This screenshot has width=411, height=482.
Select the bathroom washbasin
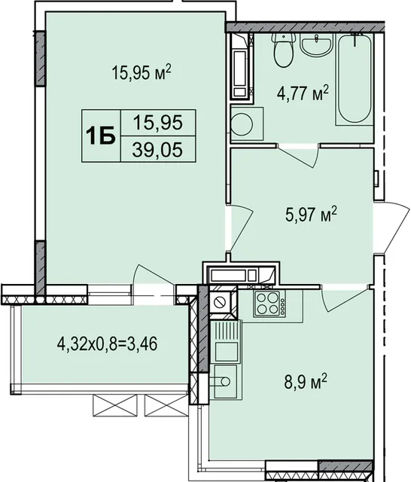316,45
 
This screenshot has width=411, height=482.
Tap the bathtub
355,79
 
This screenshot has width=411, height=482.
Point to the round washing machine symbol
242,124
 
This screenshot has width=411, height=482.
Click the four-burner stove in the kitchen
269,303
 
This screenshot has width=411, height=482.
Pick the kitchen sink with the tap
226,381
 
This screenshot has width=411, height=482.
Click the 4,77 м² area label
303,93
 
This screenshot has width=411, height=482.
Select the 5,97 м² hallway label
311,214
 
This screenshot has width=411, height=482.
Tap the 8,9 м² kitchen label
306,382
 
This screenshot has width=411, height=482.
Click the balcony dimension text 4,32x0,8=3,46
107,343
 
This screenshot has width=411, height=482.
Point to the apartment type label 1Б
101,136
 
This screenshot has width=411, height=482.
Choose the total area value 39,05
158,151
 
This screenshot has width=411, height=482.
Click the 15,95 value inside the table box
158,122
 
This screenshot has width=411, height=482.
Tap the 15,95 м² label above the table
142,73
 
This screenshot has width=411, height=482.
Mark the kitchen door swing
346,298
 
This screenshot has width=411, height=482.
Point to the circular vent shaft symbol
220,301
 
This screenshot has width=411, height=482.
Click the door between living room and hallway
241,227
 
